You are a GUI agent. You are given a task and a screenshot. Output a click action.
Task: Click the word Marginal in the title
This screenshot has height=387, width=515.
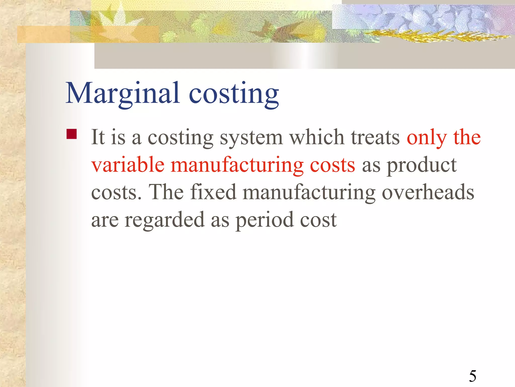pos(123,93)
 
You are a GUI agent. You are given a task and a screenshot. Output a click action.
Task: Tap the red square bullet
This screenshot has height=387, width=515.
pos(72,134)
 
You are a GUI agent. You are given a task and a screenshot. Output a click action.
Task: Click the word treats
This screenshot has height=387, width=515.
pos(375,138)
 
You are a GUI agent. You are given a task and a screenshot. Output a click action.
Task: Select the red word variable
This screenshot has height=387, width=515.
pos(128,165)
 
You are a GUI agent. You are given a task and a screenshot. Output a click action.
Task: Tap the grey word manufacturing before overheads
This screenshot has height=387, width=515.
pos(309,193)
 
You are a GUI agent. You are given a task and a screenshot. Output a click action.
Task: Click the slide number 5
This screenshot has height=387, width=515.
pos(473,376)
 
